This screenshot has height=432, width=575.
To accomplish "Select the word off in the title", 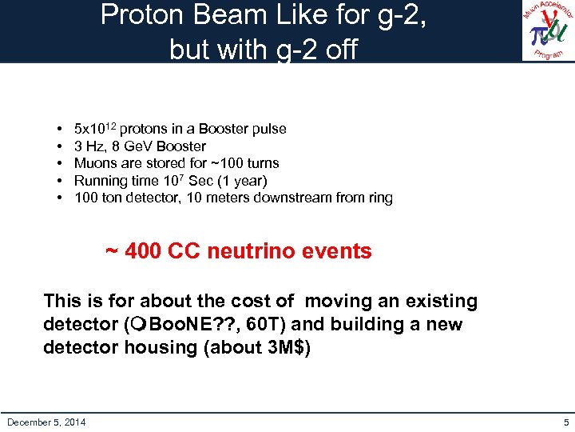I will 339,50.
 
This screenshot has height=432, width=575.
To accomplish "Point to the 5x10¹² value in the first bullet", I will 95,129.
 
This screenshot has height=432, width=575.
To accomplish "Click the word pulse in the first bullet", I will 268,129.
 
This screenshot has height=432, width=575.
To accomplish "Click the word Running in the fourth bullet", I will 101,180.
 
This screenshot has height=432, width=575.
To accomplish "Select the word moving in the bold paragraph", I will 340,301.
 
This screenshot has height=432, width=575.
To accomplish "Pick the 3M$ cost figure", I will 291,347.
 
